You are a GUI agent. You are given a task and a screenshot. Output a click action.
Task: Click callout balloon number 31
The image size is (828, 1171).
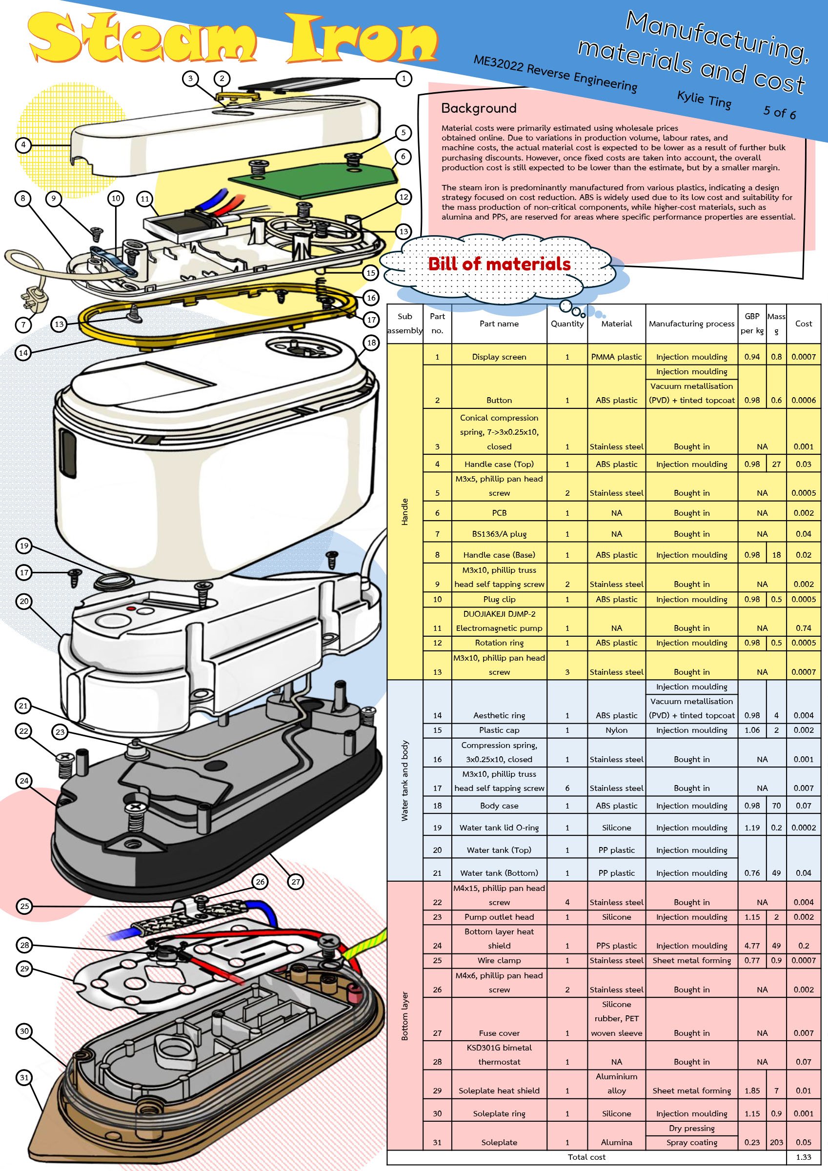[x=24, y=1078]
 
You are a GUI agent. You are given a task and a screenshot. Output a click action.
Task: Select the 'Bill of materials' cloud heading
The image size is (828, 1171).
[x=499, y=263]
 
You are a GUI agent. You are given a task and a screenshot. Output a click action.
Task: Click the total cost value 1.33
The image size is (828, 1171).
[x=804, y=1157]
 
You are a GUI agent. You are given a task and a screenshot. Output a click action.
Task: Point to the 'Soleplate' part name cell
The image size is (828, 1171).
[x=499, y=1142]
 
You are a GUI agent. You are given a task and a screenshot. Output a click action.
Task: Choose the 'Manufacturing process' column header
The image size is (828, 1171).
[x=691, y=323]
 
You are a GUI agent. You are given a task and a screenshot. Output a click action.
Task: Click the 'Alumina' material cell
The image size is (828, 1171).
[x=616, y=1142]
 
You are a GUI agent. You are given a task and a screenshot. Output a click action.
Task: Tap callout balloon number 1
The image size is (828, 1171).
[x=404, y=78]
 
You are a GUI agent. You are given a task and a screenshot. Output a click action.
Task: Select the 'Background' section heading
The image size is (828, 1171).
[x=479, y=108]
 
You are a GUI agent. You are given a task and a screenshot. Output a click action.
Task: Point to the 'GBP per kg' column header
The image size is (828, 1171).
[x=752, y=323]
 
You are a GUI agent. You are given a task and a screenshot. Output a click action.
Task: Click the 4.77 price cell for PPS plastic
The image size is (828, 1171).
[x=752, y=946]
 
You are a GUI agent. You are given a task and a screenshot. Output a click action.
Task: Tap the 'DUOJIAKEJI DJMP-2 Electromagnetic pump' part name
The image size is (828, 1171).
[x=499, y=621]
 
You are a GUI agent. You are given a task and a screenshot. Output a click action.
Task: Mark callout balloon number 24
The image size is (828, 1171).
[x=24, y=781]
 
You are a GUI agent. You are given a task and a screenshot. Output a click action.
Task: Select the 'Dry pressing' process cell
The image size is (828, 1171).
[x=691, y=1128]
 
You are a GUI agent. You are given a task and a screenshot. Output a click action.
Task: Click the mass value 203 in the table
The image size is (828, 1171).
[x=776, y=1142]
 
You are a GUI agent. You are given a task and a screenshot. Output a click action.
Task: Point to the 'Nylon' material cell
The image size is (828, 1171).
[x=616, y=730]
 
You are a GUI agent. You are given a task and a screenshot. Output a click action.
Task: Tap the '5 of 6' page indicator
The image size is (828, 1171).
[x=779, y=112]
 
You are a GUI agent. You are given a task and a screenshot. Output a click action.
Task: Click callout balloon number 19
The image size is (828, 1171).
[x=24, y=545]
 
